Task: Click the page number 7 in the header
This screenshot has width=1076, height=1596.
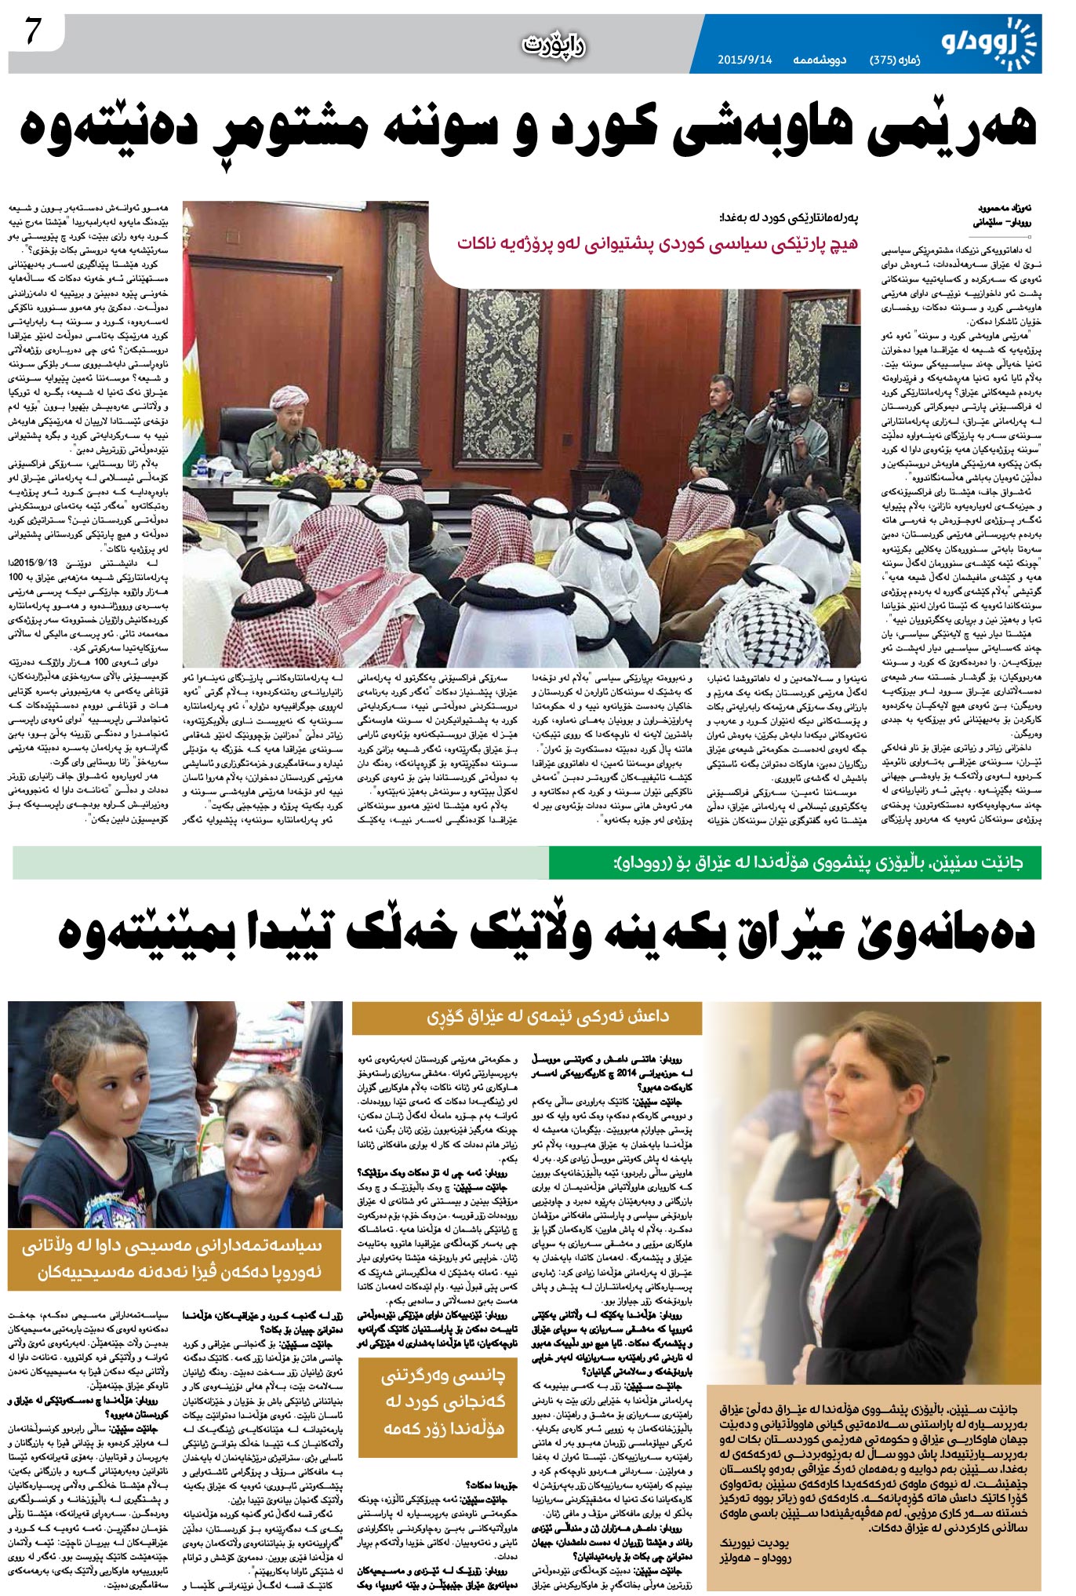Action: point(32,32)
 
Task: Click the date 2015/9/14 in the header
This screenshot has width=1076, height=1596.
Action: point(744,60)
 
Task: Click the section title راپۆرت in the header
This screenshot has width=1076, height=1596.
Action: point(554,46)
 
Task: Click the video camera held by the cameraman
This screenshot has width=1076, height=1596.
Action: point(783,403)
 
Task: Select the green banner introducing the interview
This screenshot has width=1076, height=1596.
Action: point(795,862)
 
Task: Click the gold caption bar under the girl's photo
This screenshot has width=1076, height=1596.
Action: point(174,1259)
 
